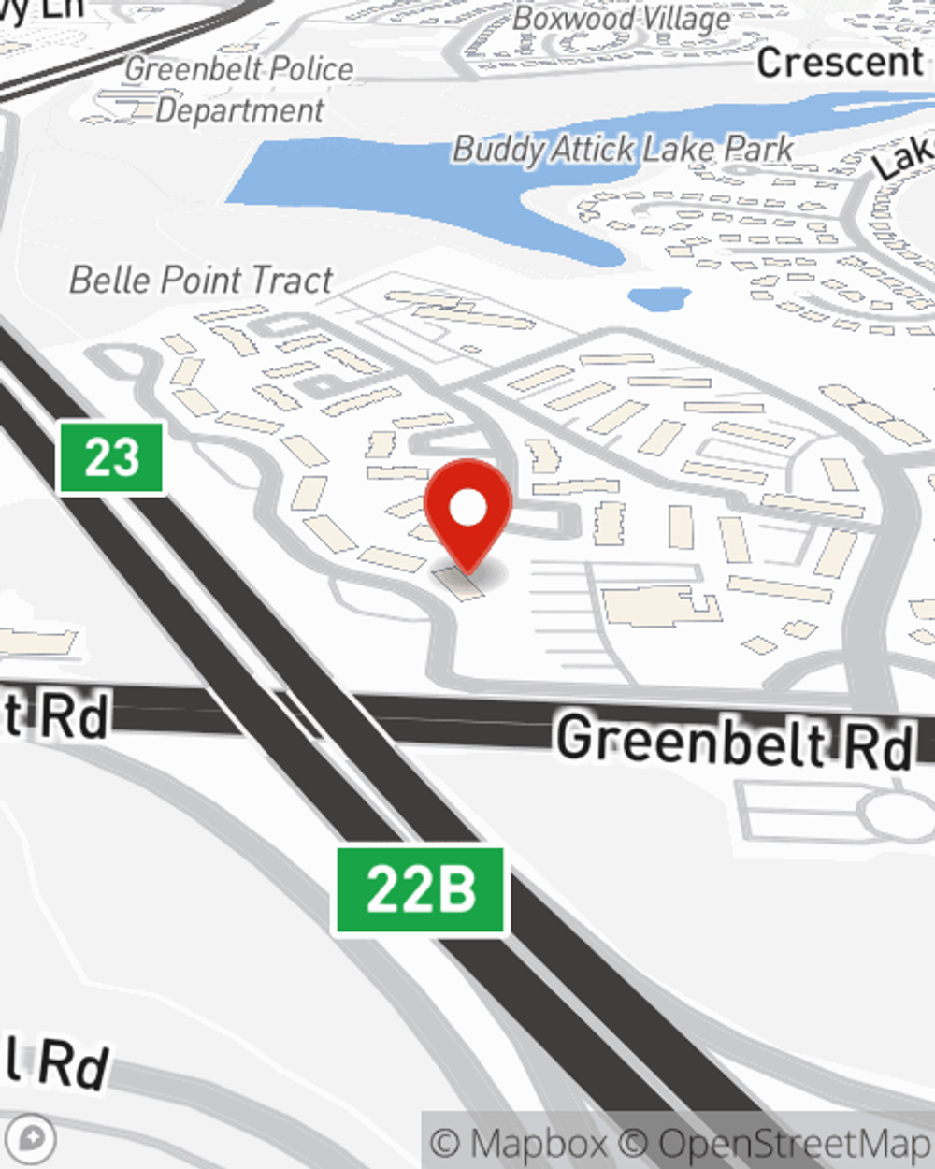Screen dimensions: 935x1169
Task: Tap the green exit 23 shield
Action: (x=111, y=458)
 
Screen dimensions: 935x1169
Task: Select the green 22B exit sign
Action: (x=421, y=889)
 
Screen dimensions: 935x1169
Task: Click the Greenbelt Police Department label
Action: (x=239, y=89)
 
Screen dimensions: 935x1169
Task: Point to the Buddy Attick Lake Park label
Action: (x=623, y=149)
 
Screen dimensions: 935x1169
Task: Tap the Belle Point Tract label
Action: (x=201, y=280)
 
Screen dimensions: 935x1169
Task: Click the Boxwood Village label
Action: (x=622, y=19)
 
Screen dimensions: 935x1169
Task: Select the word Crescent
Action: (x=840, y=63)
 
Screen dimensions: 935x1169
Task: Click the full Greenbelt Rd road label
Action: (x=734, y=740)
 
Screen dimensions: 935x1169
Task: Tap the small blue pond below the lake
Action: (x=659, y=299)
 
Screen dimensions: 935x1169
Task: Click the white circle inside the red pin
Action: (x=468, y=509)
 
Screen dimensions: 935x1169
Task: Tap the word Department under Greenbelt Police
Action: (x=239, y=110)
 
